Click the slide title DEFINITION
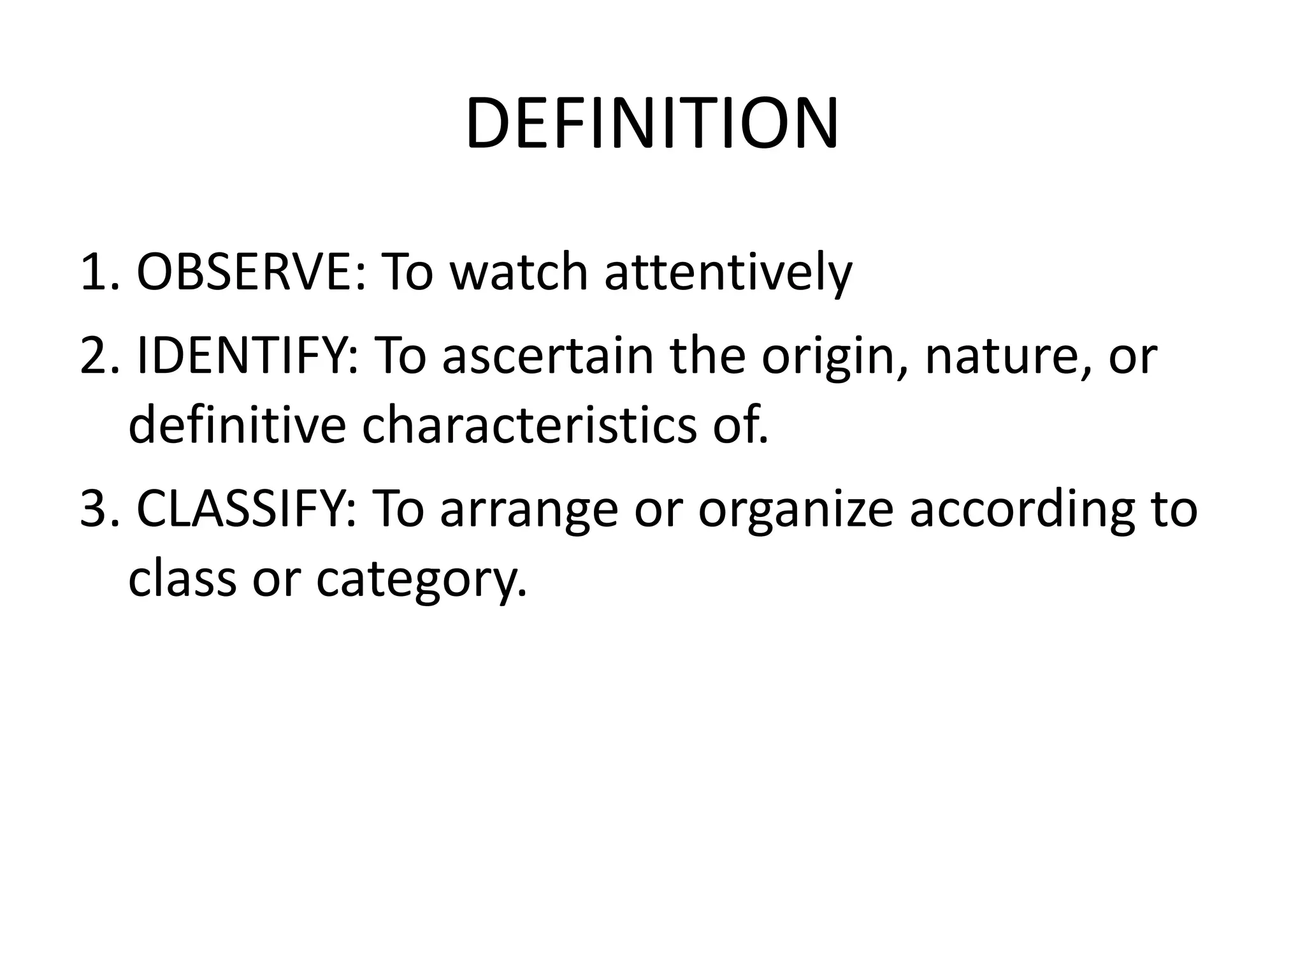pos(652,124)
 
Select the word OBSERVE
pos(250,272)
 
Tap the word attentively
pos(727,272)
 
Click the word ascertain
pos(547,356)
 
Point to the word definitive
pos(236,425)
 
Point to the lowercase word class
pos(182,578)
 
